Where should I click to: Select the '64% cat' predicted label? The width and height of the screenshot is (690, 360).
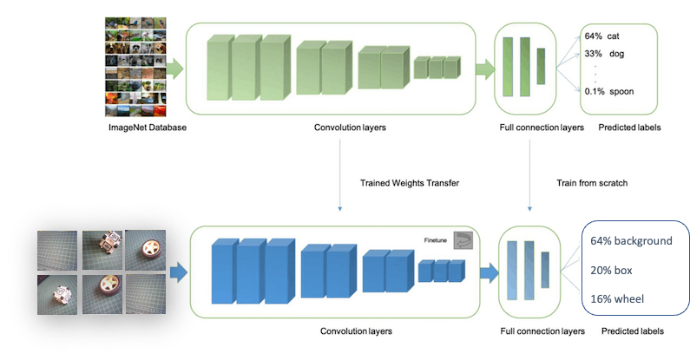601,36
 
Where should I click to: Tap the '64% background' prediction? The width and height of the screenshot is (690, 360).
631,240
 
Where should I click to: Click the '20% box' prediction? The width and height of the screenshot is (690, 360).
613,270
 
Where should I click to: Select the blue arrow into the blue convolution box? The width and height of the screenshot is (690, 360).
178,274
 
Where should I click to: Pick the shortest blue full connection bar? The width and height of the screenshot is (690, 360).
544,268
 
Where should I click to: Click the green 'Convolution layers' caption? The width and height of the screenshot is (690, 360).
350,128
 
